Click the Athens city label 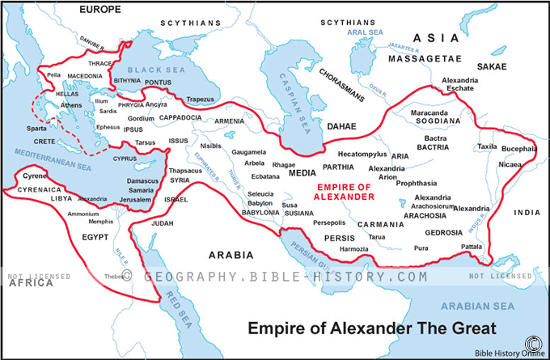[71, 105]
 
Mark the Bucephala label [518, 149]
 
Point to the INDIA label [526, 213]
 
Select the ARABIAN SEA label [476, 306]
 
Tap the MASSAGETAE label [424, 59]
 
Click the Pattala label [471, 246]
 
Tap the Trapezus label [200, 100]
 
